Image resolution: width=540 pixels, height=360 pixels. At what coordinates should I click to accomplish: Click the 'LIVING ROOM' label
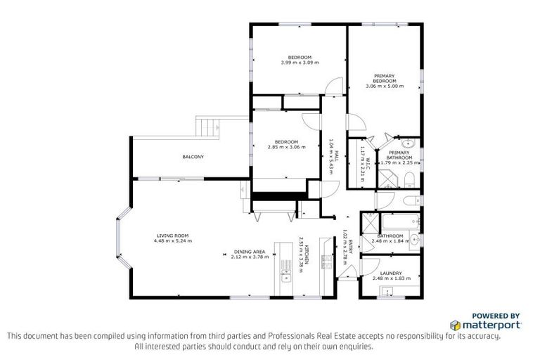(172, 236)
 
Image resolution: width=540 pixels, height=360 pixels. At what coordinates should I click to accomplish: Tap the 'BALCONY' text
(193, 156)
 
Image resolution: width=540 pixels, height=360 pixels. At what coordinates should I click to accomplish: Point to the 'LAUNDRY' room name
(390, 273)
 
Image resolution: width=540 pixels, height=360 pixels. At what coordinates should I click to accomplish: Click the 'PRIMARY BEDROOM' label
(384, 78)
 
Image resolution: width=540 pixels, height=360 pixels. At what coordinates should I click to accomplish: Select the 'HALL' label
(337, 146)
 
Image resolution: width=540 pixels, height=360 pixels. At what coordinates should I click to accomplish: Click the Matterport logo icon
(456, 326)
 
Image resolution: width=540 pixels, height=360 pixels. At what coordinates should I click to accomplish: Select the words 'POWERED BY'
(496, 316)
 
